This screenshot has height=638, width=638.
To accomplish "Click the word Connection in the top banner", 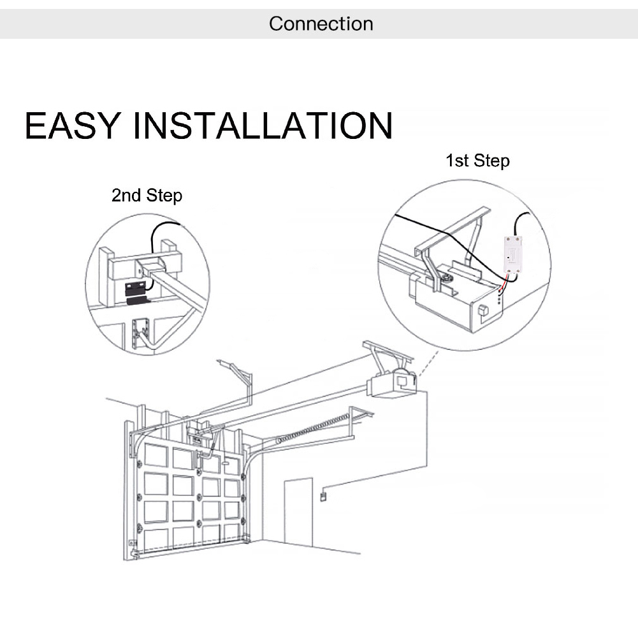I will tap(321, 24).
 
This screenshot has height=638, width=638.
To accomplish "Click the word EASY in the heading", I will tap(71, 126).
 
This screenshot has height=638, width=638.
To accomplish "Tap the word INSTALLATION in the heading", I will tap(265, 126).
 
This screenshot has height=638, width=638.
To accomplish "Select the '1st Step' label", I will tap(477, 161).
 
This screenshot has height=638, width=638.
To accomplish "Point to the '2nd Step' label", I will tap(147, 195).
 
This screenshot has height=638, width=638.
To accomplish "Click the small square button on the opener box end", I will tap(482, 311).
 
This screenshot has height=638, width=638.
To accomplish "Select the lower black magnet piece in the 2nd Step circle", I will tap(136, 300).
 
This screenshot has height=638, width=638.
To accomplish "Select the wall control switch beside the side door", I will tap(323, 495).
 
